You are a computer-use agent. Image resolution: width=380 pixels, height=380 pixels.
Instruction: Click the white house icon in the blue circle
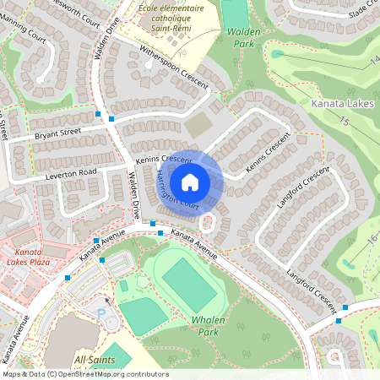point(190,182)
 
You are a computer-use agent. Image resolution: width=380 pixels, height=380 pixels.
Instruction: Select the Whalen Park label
point(208,326)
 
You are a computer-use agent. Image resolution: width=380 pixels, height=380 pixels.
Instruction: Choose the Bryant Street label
point(57,134)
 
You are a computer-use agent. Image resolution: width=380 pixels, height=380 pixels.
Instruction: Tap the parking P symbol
point(103,312)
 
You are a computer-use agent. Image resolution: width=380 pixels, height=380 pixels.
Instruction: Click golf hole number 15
point(344,122)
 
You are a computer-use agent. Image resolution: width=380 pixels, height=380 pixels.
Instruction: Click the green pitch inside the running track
point(188,284)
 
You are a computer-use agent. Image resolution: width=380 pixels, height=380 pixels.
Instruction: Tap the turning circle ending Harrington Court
point(208,222)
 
